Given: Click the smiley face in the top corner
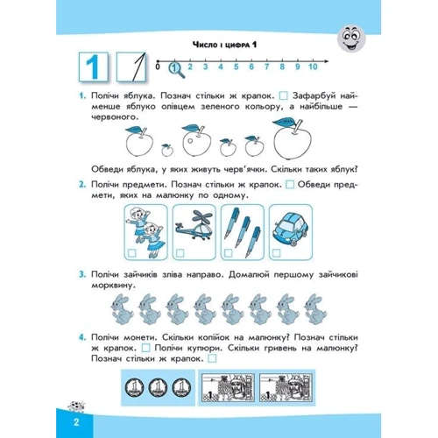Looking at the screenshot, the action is coord(351,38).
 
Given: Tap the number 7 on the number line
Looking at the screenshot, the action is coord(266,67).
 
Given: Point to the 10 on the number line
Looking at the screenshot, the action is coord(313,67).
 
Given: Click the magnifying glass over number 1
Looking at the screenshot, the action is coord(176,70).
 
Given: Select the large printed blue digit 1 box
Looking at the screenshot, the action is coord(94,67).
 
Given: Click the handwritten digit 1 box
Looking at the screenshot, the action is coord(131,67).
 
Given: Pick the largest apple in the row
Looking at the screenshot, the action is coord(293,138).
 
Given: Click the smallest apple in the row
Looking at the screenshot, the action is coord(167,150).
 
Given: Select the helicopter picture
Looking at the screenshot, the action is coord(194,226).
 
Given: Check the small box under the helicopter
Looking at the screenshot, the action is coord(180,253).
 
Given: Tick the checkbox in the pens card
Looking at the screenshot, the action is coord(229,253).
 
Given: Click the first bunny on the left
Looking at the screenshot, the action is coord(121,309).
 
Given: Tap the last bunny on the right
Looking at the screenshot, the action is coord(315,309).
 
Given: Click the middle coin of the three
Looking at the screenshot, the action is coord(158,387).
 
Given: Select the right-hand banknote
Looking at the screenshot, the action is coord(286,387).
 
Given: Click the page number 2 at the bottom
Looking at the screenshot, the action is coord(76,422).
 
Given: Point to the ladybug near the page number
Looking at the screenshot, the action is coord(76,406).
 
